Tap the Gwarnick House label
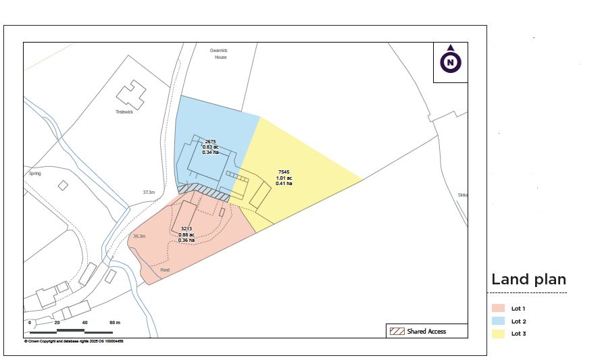click(220, 54)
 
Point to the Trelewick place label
click(124, 112)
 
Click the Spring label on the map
click(34, 174)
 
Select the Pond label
click(165, 269)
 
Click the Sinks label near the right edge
click(462, 195)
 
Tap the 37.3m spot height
click(149, 192)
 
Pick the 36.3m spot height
click(139, 236)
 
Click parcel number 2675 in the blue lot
click(210, 142)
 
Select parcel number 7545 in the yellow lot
click(284, 173)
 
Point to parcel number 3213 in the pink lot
click(186, 230)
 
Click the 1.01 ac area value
click(284, 178)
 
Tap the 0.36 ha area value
click(186, 240)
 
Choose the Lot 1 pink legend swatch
click(499, 308)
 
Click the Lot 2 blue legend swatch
click(499, 321)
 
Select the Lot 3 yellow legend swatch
click(499, 334)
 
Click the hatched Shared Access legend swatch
click(396, 331)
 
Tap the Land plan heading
click(528, 280)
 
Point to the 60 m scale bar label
click(114, 323)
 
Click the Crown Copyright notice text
click(74, 341)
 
